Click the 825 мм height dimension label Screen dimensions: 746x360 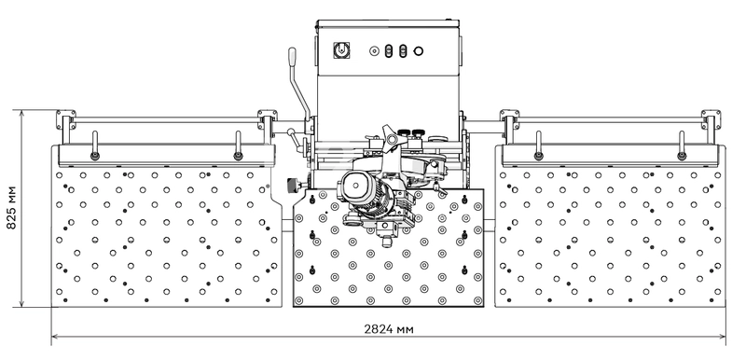11,207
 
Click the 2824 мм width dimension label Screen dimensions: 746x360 389,329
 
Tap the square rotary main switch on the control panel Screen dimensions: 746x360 340,50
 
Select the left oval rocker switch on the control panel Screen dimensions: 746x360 388,51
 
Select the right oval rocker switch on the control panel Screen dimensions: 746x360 403,51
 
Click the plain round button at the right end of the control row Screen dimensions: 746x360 418,51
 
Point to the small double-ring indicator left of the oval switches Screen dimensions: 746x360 375,51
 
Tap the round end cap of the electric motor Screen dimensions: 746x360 355,185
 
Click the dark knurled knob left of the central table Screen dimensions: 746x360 293,183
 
